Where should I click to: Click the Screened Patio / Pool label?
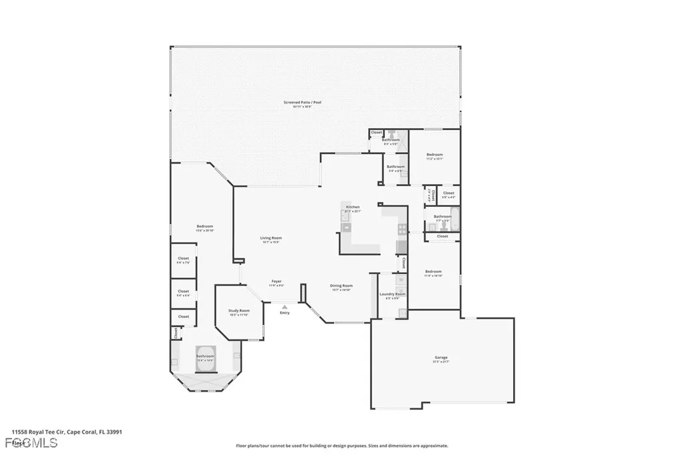coord(303,102)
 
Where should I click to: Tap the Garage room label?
coord(442,358)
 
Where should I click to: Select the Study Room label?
coord(239,311)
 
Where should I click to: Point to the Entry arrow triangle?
coord(285,307)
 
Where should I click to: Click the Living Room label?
coord(271,238)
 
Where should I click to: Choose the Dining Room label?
coord(341,286)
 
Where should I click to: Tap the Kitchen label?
coord(352,207)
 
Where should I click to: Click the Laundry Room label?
coord(392,294)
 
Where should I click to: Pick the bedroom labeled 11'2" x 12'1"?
coord(434,155)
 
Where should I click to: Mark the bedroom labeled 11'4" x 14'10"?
coord(434,272)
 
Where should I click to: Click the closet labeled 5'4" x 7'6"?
coord(183,259)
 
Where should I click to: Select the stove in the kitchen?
coord(401,229)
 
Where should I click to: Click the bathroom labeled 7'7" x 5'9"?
coord(442,217)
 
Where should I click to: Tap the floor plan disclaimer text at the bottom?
coord(341,446)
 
